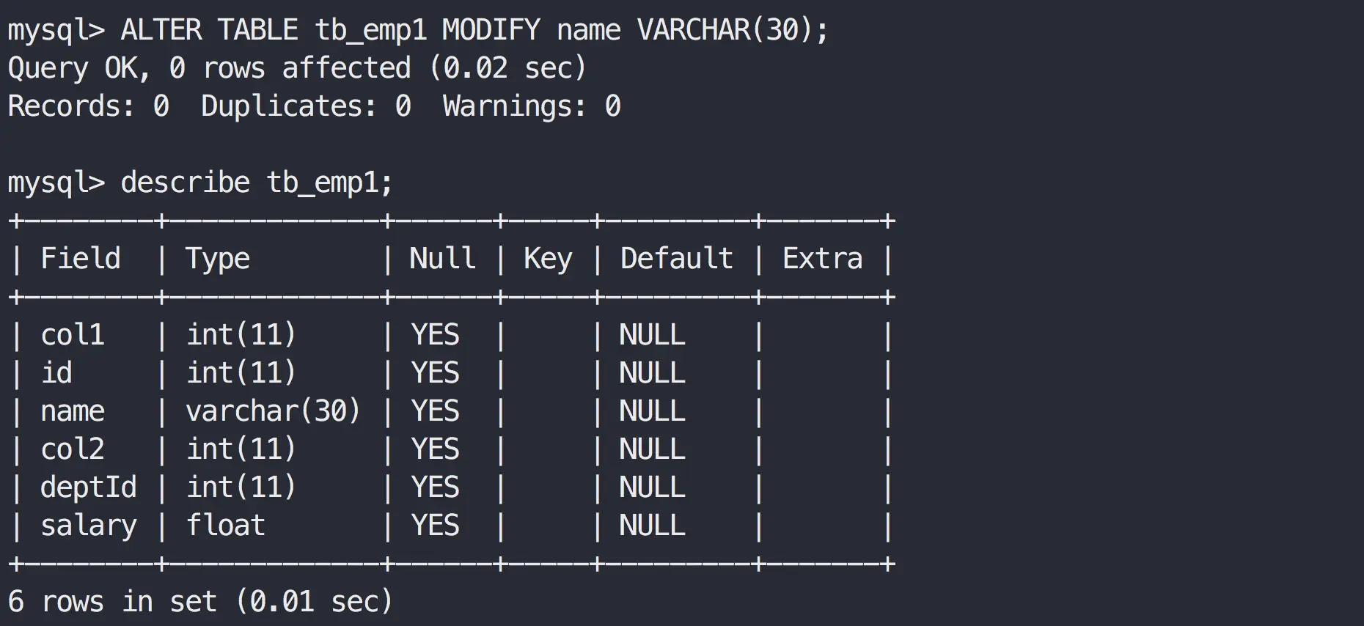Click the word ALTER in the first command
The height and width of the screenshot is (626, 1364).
coord(161,30)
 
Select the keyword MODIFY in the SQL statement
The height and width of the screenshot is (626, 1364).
coord(491,30)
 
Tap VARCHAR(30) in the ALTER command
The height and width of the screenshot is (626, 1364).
coord(732,30)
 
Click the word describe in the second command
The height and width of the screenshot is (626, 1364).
coord(185,183)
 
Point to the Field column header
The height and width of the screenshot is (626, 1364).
coord(81,259)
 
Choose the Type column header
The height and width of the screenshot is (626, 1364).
coord(218,259)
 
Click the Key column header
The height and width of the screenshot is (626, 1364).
coord(548,259)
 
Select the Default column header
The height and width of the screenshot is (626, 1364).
coord(676,259)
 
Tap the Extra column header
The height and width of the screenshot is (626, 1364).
coord(822,259)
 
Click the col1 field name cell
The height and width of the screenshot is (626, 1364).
coord(73,335)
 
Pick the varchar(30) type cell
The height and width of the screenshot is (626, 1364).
coord(273,411)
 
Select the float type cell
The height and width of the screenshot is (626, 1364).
coord(225,526)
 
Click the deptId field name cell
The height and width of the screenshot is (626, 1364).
coord(89,487)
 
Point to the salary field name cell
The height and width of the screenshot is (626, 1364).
coord(89,526)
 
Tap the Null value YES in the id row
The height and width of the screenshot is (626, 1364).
coord(435,373)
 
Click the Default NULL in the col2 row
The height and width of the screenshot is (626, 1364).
coord(652,449)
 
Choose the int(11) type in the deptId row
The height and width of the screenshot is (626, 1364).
coord(241,487)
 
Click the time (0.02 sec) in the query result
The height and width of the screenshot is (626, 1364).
coord(508,68)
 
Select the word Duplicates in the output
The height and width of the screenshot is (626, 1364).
coord(288,106)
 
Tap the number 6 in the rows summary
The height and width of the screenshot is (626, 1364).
coord(16,602)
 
